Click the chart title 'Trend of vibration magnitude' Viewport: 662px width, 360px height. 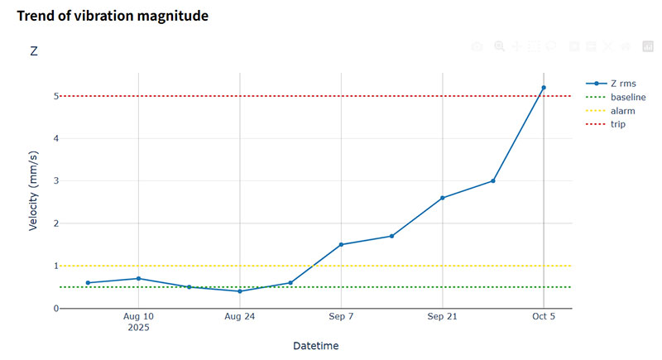tap(113, 16)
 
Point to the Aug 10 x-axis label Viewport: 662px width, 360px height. tap(138, 316)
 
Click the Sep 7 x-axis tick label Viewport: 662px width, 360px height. tap(341, 316)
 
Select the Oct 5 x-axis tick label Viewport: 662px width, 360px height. tap(544, 316)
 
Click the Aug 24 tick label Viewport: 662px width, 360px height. tap(239, 316)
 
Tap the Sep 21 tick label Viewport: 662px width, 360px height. tap(442, 316)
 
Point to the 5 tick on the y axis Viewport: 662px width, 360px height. tap(55, 96)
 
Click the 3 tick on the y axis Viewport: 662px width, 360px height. tap(55, 180)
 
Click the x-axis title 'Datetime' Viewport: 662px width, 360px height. tap(315, 345)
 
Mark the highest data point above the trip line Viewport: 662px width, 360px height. tap(544, 88)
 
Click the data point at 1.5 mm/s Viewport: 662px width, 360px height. tap(341, 244)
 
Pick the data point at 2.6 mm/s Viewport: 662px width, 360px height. tap(443, 198)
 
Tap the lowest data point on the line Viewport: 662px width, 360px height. tap(240, 291)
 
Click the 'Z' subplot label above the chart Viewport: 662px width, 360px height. tap(34, 51)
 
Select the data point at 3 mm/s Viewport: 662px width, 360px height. tap(493, 180)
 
